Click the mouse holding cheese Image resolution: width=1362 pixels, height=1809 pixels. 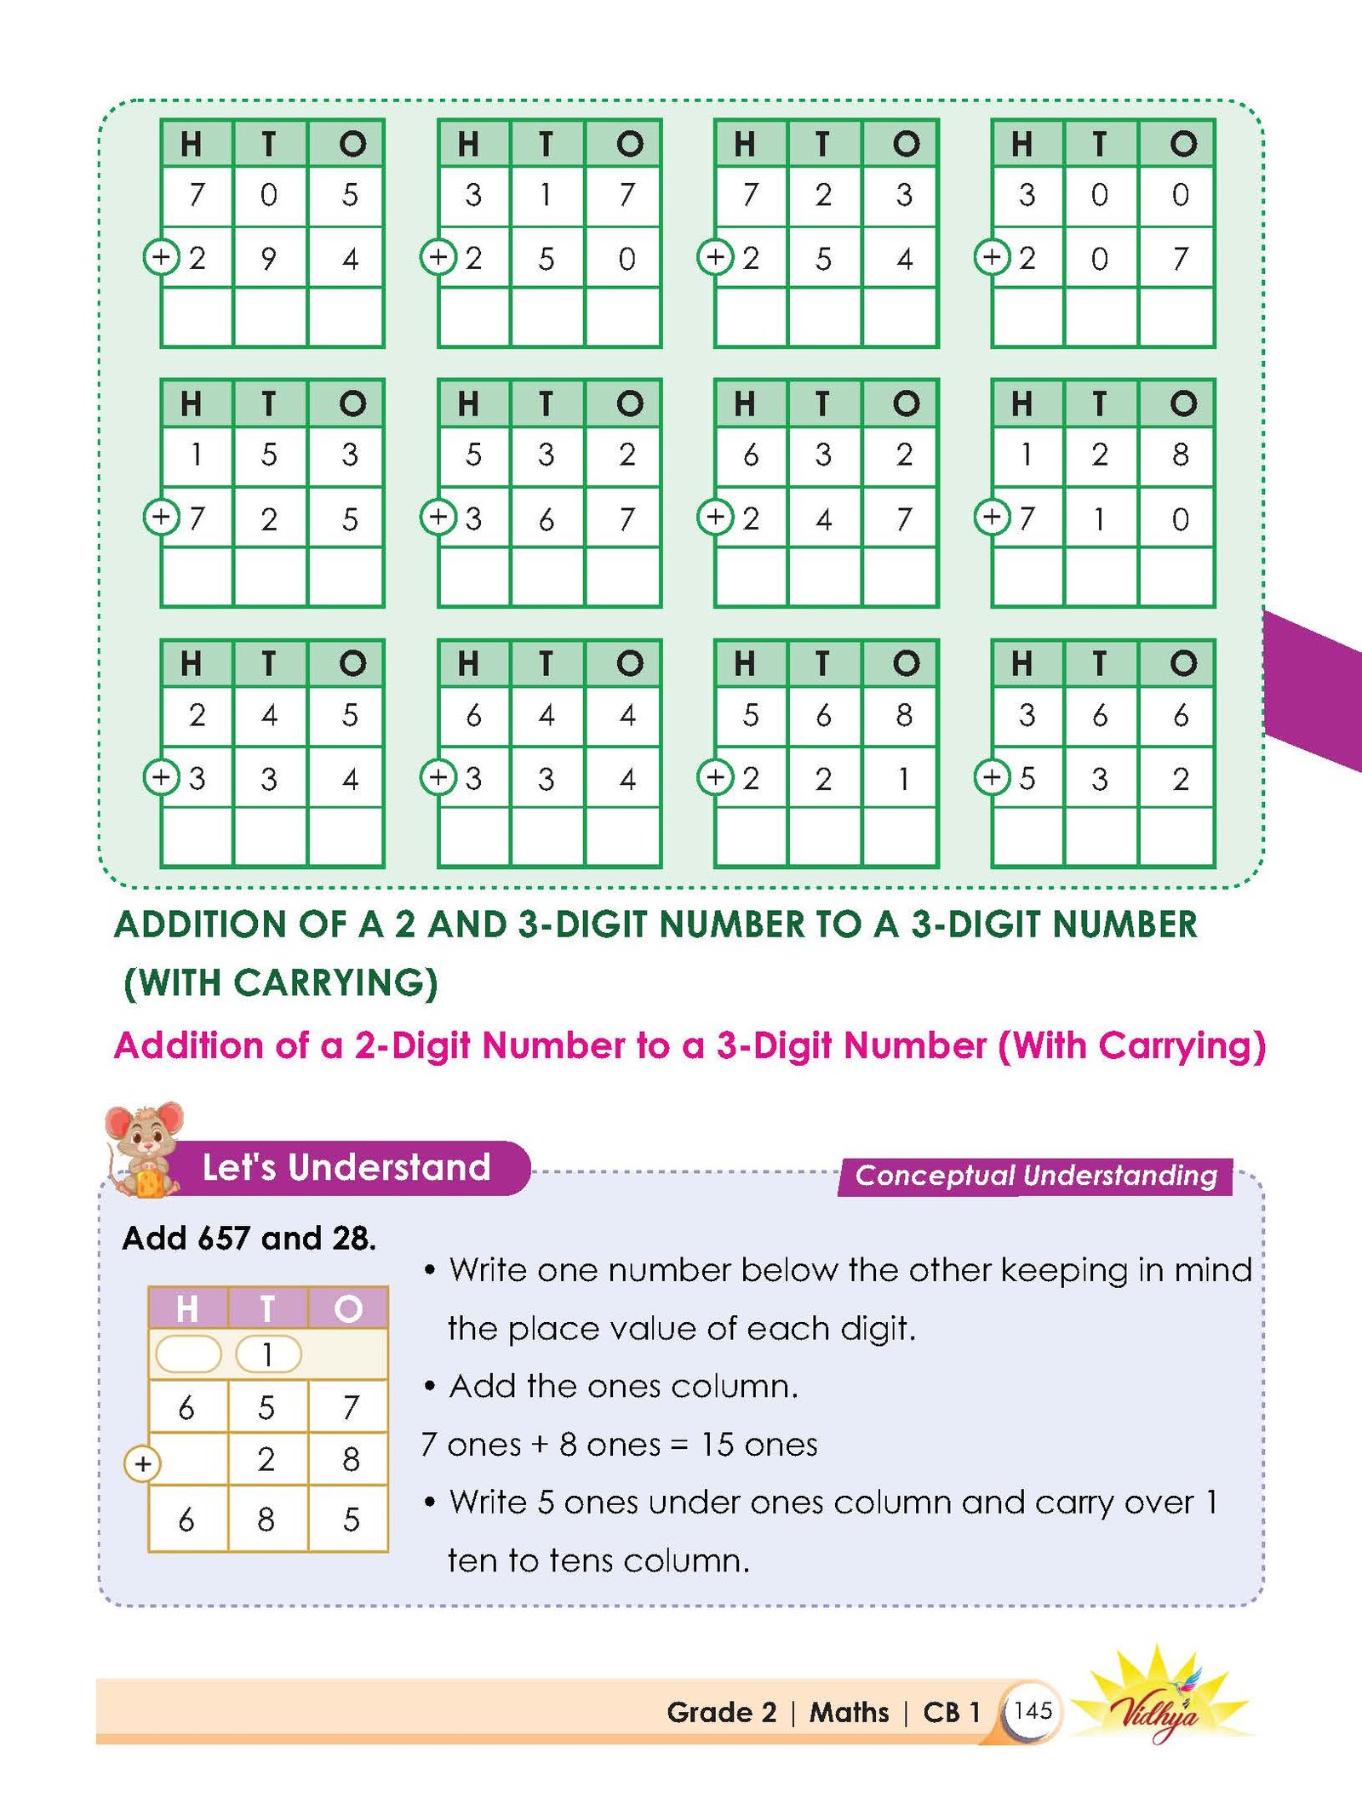coord(143,1149)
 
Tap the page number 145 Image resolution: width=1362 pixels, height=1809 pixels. coord(1033,1710)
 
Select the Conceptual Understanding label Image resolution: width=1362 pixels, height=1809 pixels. coord(1036,1176)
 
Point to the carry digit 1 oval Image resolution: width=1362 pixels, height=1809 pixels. coord(267,1354)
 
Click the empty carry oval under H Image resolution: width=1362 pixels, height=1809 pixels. coord(188,1354)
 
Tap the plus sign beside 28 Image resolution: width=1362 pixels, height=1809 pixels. coord(142,1464)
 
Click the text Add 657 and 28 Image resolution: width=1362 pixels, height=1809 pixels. coord(249,1238)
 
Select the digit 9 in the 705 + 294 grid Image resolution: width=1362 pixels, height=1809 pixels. coord(268,258)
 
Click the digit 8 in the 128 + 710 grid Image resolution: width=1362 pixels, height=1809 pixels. coord(1180,455)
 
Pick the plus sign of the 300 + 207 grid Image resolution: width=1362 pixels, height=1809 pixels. coord(993,257)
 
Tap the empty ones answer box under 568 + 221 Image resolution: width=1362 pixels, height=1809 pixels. coord(900,836)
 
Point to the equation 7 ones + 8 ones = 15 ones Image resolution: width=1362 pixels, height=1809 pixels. coord(619,1445)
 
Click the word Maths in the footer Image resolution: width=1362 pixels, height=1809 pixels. coord(849,1712)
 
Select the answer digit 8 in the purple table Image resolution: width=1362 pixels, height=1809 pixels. coord(266,1520)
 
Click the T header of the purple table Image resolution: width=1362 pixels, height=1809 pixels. coord(267,1308)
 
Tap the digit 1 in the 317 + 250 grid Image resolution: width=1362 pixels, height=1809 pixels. coord(546,195)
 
